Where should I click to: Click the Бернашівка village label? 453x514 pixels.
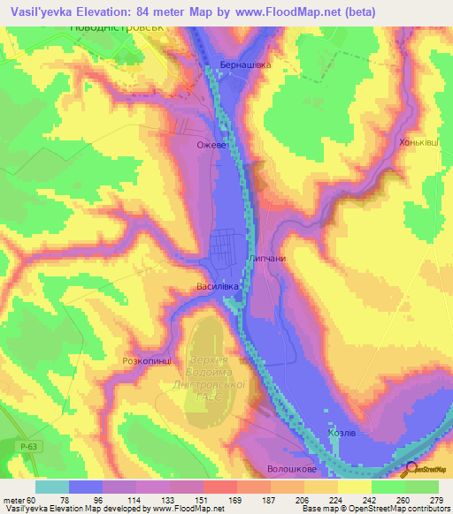click(x=245, y=64)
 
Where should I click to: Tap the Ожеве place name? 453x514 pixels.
click(x=213, y=143)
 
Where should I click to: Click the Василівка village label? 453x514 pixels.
click(x=219, y=286)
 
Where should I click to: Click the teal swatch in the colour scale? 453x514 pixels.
click(x=52, y=487)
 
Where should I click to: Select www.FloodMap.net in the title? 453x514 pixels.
click(x=282, y=11)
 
